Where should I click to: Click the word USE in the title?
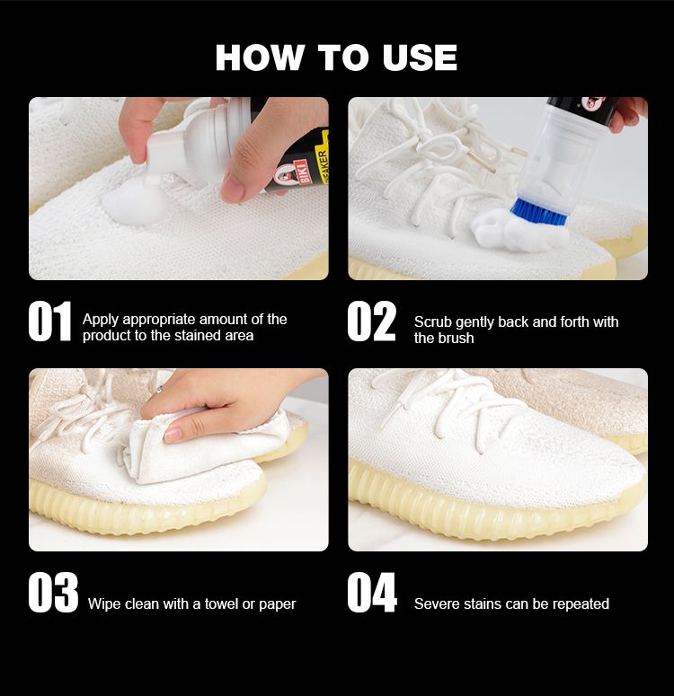click(420, 57)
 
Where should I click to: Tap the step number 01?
click(49, 322)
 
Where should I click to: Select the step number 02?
click(371, 322)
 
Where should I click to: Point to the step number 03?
click(53, 593)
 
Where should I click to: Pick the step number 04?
click(372, 593)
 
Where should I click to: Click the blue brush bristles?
click(538, 212)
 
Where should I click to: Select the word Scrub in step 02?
click(433, 322)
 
